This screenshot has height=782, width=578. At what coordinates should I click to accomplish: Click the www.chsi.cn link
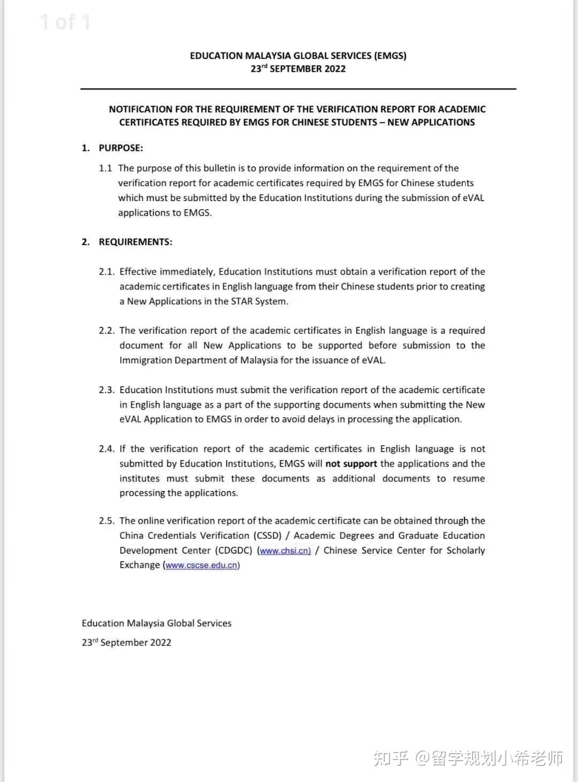[x=285, y=551]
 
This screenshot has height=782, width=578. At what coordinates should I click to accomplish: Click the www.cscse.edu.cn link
[x=202, y=565]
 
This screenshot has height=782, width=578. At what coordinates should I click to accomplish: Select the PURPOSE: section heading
[x=120, y=148]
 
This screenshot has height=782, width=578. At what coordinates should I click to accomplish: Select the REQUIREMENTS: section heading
[x=135, y=242]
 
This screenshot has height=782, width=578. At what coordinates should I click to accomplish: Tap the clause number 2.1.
[x=107, y=272]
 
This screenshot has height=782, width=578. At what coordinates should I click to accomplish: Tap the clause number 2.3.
[x=107, y=390]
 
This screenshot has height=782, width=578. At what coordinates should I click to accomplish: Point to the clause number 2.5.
[x=107, y=521]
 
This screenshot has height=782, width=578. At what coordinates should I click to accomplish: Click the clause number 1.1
[x=105, y=168]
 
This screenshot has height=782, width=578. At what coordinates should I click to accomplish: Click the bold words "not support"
[x=351, y=464]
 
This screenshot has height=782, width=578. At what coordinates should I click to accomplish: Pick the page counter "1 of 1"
[x=65, y=22]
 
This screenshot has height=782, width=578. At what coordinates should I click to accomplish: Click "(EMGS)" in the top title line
[x=390, y=56]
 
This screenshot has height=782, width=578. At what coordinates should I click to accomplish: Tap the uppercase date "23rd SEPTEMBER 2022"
[x=298, y=69]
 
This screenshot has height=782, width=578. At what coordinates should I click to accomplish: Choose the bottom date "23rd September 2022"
[x=126, y=642]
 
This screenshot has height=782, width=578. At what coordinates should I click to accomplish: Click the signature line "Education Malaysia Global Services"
[x=156, y=623]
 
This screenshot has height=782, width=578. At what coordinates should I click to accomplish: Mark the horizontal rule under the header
[x=298, y=89]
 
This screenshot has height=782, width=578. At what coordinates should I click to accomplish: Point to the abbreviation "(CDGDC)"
[x=234, y=550]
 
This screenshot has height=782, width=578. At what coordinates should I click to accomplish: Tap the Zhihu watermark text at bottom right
[x=468, y=758]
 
